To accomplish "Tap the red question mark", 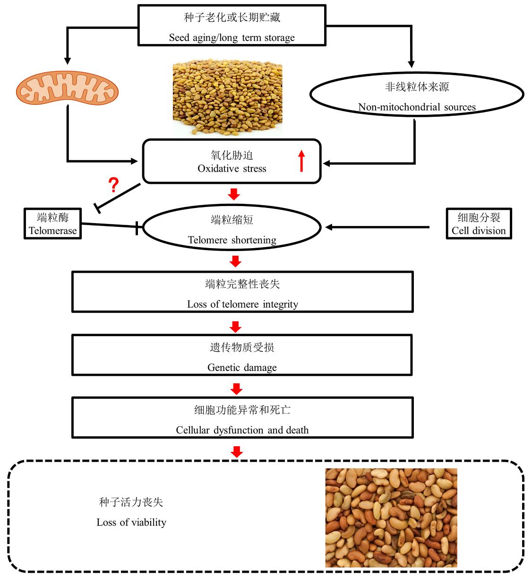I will click(113, 185).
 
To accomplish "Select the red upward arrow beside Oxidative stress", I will click(302, 161).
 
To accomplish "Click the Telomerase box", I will click(53, 224).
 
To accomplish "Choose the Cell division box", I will click(479, 224).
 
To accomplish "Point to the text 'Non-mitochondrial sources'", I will click(417, 107).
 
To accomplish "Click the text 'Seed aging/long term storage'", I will click(232, 38).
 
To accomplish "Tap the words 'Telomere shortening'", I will click(232, 240).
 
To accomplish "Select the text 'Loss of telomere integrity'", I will click(242, 304).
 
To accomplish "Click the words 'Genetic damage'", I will click(242, 367).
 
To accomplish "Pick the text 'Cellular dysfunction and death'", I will click(242, 430).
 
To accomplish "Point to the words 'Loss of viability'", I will click(131, 522).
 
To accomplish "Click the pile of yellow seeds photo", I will click(227, 98).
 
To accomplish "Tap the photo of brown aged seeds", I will click(391, 518).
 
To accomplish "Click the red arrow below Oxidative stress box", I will click(234, 194).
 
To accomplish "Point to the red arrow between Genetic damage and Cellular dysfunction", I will click(236, 388).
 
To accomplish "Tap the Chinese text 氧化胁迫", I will click(232, 155).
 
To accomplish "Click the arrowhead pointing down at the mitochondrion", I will click(68, 60).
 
